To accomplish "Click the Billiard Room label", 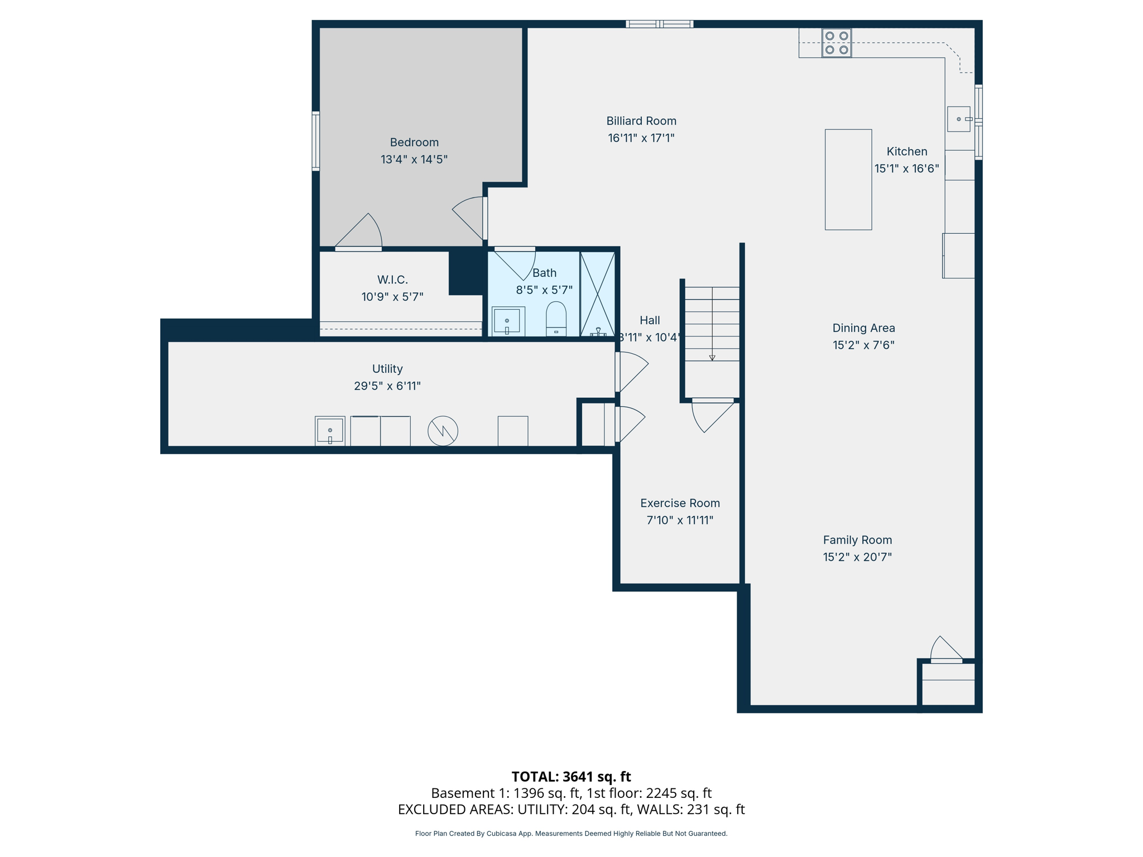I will pos(641,121).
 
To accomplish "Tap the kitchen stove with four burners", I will pos(836,43).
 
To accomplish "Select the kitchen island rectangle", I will pos(848,180).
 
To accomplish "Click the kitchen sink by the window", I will pos(958,119).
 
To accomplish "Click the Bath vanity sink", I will pos(507,321).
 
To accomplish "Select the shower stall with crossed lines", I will pos(597,294).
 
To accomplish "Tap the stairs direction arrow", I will pos(712,357).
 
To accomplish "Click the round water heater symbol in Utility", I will pos(443,431).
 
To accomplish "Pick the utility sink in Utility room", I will pos(330,431).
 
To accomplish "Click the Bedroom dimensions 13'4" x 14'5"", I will pos(414,160).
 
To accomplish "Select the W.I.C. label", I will pos(392,280).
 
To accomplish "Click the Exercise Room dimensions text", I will pos(680,520).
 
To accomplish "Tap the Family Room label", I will pos(857,540).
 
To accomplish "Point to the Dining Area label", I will pos(863,328).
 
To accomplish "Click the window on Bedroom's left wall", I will pos(316,141).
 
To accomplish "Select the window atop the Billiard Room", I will pos(659,24).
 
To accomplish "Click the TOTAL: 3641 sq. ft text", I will pos(571,777).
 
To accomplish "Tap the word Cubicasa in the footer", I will pos(501,834).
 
